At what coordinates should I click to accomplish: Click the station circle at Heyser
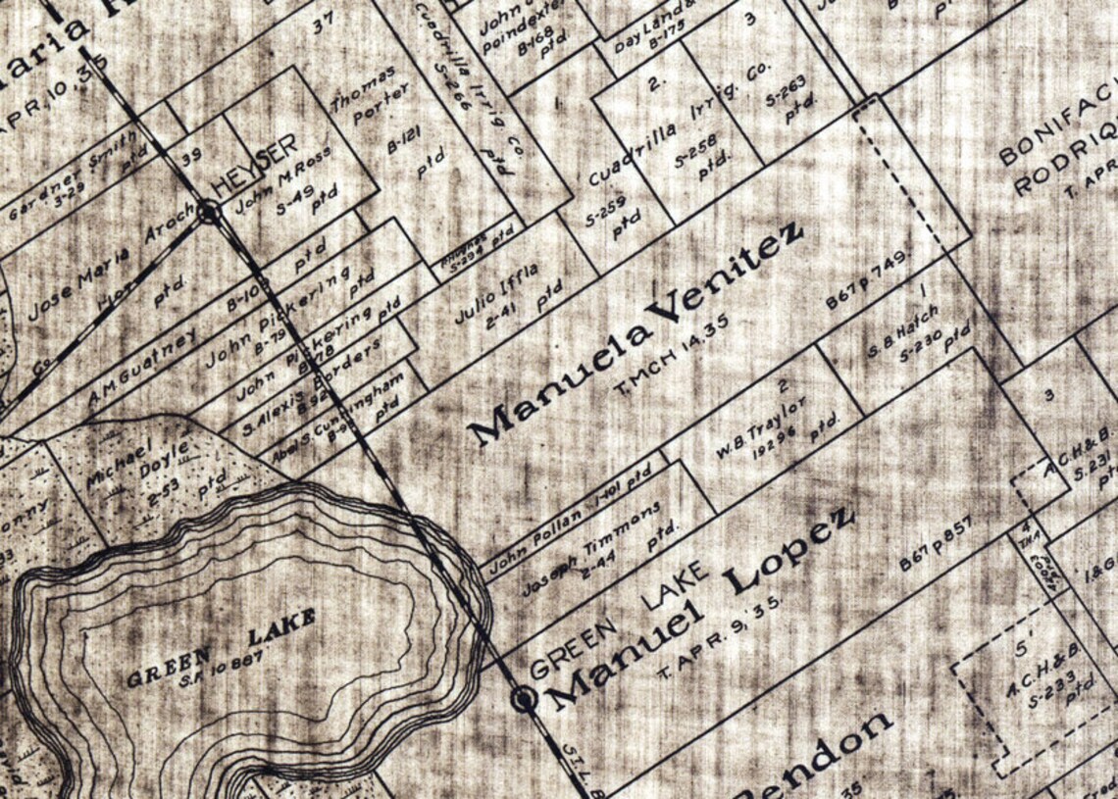click(x=208, y=211)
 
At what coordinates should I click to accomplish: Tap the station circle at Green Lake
click(x=525, y=698)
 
